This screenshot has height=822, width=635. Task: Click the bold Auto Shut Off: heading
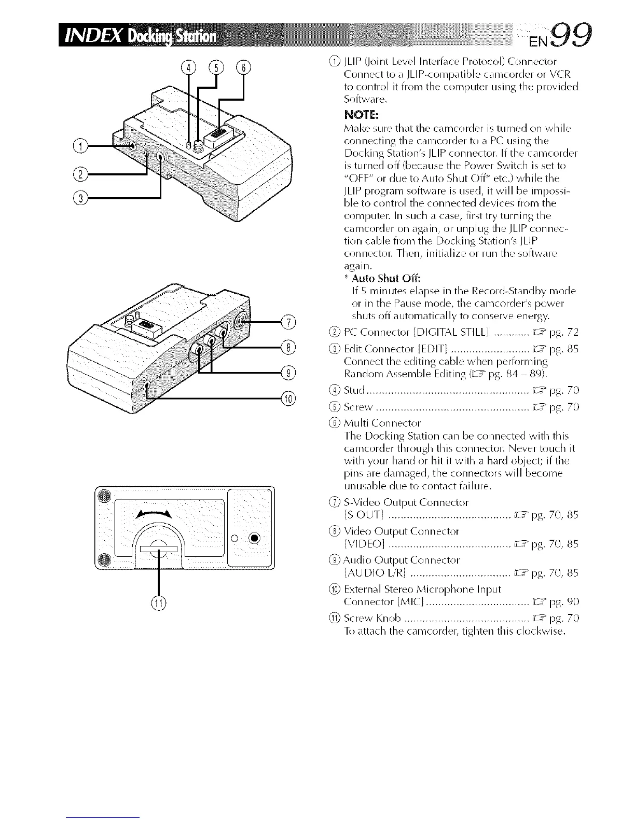pos(381,278)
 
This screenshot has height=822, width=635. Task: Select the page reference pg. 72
pos(556,333)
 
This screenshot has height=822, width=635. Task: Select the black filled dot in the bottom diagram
pos(254,538)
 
